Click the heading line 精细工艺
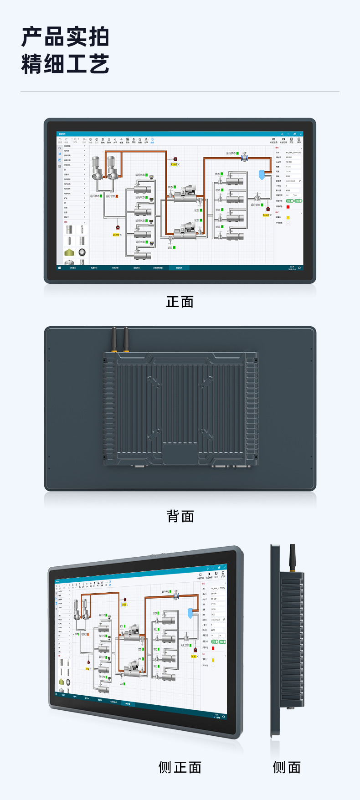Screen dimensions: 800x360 click(65, 64)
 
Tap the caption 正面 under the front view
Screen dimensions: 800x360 click(180, 302)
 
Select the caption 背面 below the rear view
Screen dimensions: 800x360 click(180, 516)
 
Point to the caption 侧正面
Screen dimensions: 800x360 click(180, 767)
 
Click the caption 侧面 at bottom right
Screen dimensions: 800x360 click(287, 767)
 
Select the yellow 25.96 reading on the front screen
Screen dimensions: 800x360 click(116, 235)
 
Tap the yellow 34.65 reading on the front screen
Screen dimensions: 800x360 click(266, 215)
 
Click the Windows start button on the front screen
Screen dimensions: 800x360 click(60, 268)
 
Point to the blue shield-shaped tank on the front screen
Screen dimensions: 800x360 click(262, 174)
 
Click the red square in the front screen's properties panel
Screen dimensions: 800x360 click(288, 207)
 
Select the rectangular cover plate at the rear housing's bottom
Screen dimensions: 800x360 click(180, 454)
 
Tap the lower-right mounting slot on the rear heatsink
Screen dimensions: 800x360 click(206, 434)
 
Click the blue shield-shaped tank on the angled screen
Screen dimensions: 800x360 click(190, 613)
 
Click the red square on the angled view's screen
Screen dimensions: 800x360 click(213, 648)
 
